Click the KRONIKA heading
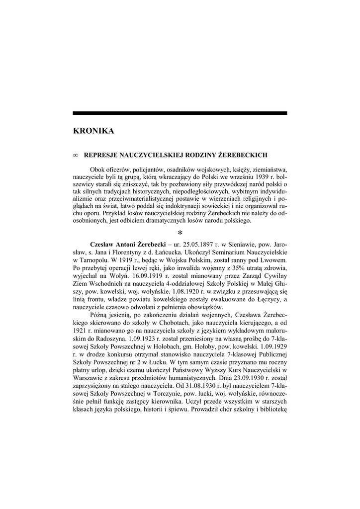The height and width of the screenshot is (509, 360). pyautogui.click(x=93, y=131)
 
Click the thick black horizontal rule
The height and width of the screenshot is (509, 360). pyautogui.click(x=180, y=113)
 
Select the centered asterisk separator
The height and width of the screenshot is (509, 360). pyautogui.click(x=180, y=234)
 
